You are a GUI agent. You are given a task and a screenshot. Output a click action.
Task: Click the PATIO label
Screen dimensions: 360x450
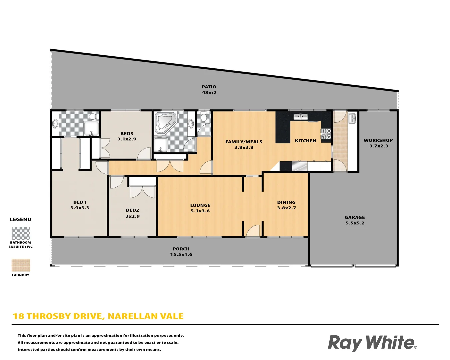point(209,87)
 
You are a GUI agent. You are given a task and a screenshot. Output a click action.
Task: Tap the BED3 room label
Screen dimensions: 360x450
point(127,134)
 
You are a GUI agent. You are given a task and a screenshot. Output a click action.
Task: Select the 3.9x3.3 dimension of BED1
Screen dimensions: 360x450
point(80,208)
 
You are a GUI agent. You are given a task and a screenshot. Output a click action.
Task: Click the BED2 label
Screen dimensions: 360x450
point(132,210)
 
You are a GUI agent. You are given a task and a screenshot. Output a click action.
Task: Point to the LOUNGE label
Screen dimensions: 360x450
point(200,205)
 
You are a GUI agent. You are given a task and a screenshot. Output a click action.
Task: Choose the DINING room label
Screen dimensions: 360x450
point(286,202)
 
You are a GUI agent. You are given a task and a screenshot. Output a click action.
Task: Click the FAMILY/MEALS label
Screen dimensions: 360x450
point(244,142)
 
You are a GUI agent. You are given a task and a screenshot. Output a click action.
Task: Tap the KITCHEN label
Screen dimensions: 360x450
point(306,141)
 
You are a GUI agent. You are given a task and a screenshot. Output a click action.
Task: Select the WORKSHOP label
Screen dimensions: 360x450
point(378,140)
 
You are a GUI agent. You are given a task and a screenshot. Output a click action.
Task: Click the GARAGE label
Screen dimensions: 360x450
point(355,217)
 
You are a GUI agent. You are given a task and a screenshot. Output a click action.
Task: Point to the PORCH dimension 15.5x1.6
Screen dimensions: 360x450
point(181,255)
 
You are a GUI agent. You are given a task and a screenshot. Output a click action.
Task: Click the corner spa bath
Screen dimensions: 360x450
point(166,121)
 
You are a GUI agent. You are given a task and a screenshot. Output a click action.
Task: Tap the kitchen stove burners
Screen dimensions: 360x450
point(326,134)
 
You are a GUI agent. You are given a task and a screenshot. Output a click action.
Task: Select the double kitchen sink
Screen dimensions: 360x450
point(300,116)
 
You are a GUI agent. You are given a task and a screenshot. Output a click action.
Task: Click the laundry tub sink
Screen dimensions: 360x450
point(352,118)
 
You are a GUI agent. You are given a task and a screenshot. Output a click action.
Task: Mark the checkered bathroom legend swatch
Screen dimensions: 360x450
point(21,233)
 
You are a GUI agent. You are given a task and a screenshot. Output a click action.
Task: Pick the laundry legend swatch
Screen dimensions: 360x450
point(21,265)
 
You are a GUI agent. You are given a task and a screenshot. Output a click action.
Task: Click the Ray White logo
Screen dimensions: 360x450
point(372,343)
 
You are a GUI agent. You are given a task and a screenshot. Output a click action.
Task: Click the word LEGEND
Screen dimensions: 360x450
point(20,219)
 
